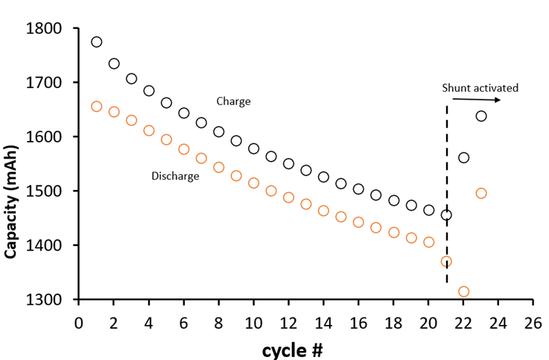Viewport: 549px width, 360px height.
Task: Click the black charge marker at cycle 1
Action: [x=96, y=42]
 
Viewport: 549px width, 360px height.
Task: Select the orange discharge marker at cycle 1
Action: [x=96, y=107]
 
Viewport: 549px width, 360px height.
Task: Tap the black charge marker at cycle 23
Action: [x=481, y=116]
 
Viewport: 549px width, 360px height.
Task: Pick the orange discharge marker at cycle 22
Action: [x=463, y=291]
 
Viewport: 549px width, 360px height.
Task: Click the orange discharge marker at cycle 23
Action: [x=481, y=193]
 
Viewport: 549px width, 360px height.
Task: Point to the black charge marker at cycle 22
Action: [x=463, y=157]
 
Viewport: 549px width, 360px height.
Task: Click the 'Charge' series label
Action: [x=233, y=101]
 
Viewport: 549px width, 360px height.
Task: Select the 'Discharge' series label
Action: [x=175, y=176]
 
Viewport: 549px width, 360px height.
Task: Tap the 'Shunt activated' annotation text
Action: [x=480, y=88]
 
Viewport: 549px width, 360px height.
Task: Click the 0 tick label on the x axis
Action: [x=78, y=323]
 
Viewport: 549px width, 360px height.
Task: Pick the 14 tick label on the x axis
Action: [x=323, y=323]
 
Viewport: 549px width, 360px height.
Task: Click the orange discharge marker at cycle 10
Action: [x=253, y=183]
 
